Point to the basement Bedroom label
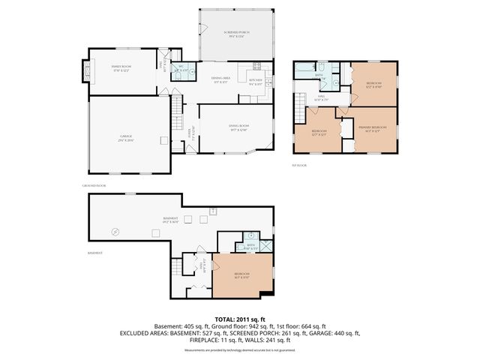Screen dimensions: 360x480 [x=241, y=275]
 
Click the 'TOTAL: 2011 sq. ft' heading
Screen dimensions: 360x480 [x=240, y=319]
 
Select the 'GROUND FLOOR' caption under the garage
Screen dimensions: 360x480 [x=94, y=184]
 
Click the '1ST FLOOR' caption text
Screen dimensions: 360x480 [x=299, y=164]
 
